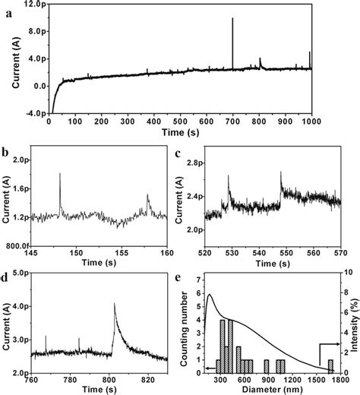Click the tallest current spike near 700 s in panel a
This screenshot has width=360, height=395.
click(x=232, y=20)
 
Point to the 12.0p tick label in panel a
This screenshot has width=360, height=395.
click(x=30, y=5)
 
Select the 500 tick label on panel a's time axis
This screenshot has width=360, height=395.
click(x=179, y=122)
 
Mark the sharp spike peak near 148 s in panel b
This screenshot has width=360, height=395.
click(x=60, y=174)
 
